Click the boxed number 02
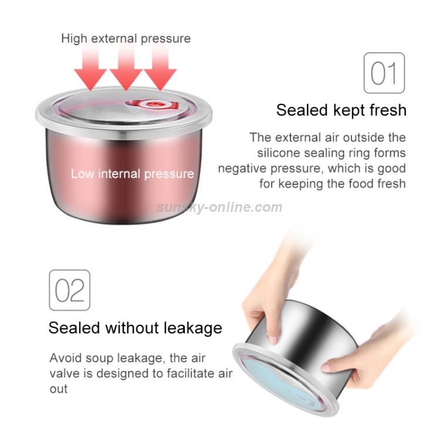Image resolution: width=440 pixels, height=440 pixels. tap(69, 290)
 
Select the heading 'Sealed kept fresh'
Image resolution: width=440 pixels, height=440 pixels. tap(341, 110)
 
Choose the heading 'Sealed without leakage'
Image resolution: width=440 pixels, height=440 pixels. tap(136, 327)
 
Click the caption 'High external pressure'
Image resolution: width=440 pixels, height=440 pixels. tap(126, 39)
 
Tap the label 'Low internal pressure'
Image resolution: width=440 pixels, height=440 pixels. tap(132, 174)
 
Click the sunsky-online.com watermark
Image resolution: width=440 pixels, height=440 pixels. tap(220, 207)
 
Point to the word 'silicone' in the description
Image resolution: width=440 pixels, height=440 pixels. tap(277, 153)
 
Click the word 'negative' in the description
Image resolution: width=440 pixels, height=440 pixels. tap(241, 168)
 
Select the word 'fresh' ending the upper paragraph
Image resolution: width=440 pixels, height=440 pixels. tap(390, 184)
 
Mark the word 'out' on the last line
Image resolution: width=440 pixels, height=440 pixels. tap(59, 388)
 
